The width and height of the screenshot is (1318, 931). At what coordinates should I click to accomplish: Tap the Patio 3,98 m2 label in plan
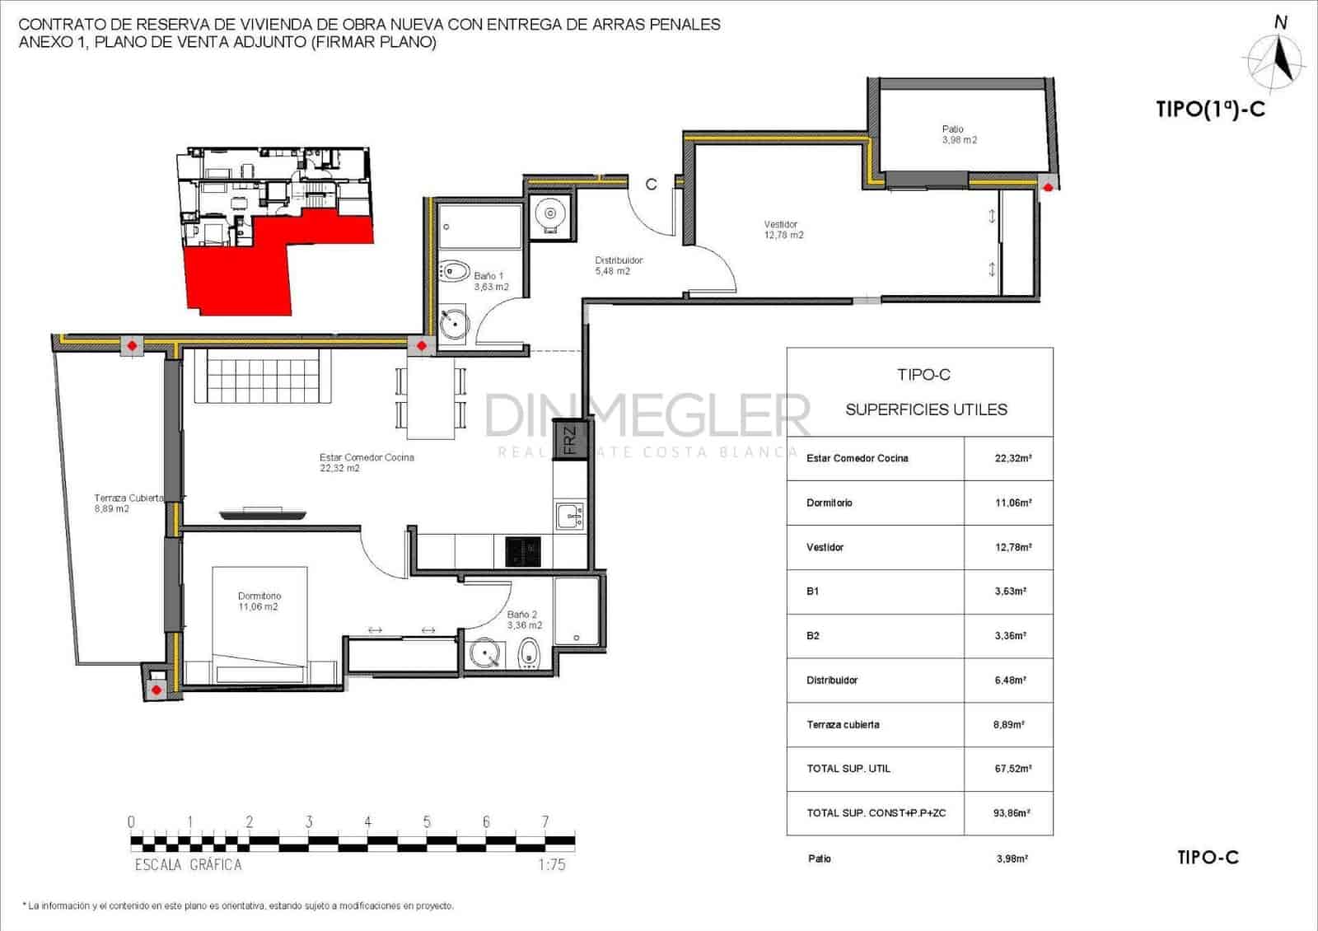pyautogui.click(x=959, y=134)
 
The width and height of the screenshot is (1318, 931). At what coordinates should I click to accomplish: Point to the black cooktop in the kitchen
pyautogui.click(x=522, y=552)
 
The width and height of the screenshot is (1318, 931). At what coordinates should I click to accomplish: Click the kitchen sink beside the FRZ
pyautogui.click(x=569, y=517)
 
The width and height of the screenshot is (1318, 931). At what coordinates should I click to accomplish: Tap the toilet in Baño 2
pyautogui.click(x=529, y=656)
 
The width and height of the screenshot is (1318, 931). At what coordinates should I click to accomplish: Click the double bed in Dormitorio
pyautogui.click(x=260, y=625)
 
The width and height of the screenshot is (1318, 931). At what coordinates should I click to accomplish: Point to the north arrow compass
pyautogui.click(x=1277, y=58)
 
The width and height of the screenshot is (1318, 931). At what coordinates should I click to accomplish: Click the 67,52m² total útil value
pyautogui.click(x=1012, y=769)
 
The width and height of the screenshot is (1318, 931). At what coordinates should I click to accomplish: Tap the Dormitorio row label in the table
pyautogui.click(x=830, y=503)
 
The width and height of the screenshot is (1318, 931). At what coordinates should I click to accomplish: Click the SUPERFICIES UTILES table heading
pyautogui.click(x=926, y=409)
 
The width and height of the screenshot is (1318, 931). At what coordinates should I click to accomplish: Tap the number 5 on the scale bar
pyautogui.click(x=427, y=821)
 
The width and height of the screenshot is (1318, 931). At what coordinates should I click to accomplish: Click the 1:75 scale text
pyautogui.click(x=551, y=864)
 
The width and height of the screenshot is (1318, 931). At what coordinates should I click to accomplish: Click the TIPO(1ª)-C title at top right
pyautogui.click(x=1210, y=110)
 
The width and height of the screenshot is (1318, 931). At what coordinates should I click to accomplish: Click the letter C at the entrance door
pyautogui.click(x=651, y=185)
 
